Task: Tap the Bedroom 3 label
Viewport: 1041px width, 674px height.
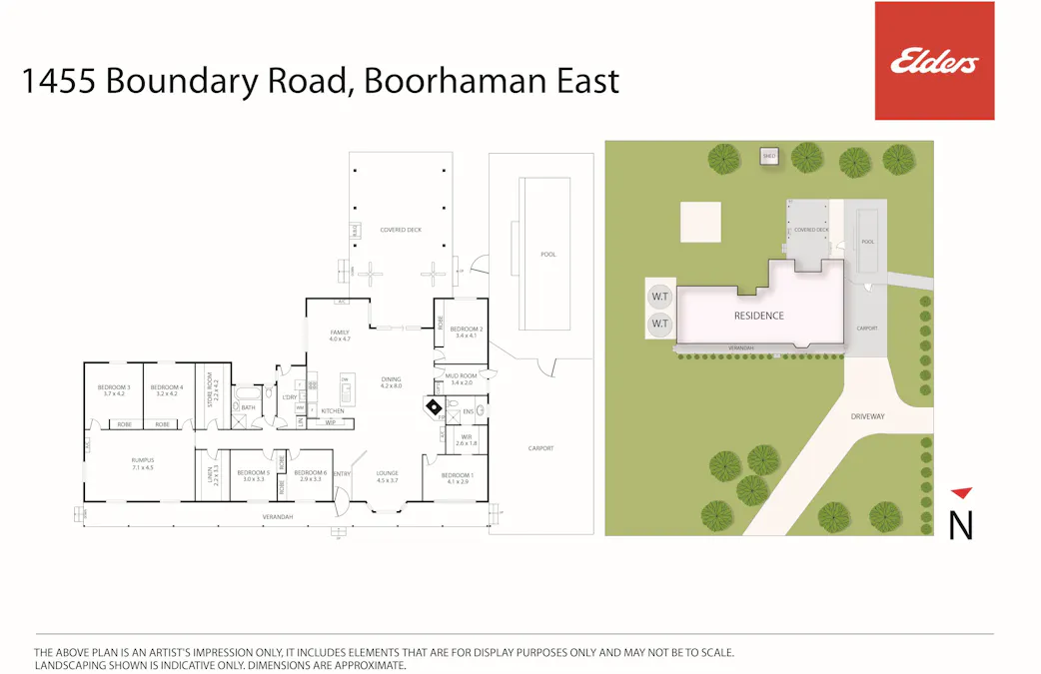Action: pos(114,387)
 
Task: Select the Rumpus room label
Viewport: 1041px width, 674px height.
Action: pos(142,460)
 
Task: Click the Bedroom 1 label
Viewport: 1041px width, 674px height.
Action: pos(458,475)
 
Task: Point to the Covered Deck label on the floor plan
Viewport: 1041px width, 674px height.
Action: pos(400,230)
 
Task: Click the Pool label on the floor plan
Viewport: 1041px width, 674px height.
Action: pos(548,255)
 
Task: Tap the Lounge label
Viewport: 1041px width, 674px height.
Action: pos(388,473)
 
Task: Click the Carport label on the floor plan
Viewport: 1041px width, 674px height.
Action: pos(540,448)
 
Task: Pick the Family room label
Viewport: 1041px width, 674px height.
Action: pos(340,333)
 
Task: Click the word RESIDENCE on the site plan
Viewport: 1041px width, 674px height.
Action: pos(759,316)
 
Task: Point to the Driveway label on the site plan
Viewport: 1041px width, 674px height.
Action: pos(868,415)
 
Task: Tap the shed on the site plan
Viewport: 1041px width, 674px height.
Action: pos(769,157)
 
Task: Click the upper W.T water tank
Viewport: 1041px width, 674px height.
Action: pos(659,297)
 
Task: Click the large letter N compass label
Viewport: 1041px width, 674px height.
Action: pos(960,525)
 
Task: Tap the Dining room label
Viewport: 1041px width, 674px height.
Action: pos(391,379)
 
